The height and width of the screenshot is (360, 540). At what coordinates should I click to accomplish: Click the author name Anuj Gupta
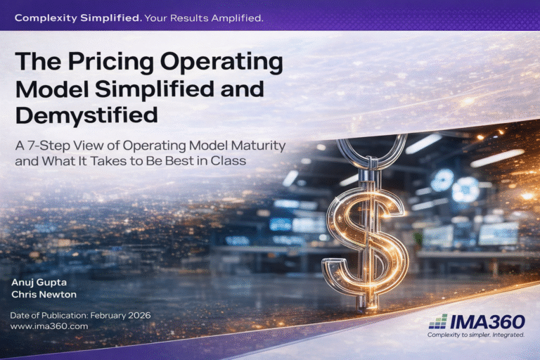click(37, 282)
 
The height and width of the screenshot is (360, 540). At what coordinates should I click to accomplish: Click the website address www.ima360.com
click(49, 326)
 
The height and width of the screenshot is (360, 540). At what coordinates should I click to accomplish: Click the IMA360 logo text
click(489, 321)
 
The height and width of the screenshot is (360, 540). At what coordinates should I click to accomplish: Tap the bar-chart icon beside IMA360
click(437, 322)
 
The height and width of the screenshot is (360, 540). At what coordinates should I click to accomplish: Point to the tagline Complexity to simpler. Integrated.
click(476, 335)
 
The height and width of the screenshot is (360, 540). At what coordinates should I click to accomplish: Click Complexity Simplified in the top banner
click(77, 18)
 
